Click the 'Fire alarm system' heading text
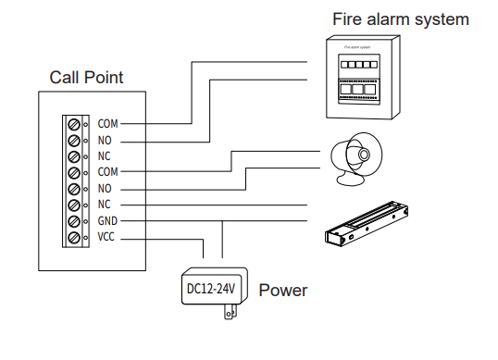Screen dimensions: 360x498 (402, 19)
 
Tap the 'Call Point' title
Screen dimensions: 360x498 (86, 78)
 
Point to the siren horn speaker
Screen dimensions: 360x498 (355, 152)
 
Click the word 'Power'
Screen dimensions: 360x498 (282, 291)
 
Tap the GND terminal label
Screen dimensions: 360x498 (106, 221)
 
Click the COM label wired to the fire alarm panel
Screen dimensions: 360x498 (107, 123)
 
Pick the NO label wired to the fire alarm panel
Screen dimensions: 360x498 (104, 140)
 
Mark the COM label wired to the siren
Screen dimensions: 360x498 (107, 172)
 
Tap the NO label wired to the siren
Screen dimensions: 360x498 (104, 188)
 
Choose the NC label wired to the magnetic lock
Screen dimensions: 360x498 (104, 205)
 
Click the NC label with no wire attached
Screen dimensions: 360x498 (104, 156)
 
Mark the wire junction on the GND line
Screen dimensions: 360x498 (223, 221)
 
